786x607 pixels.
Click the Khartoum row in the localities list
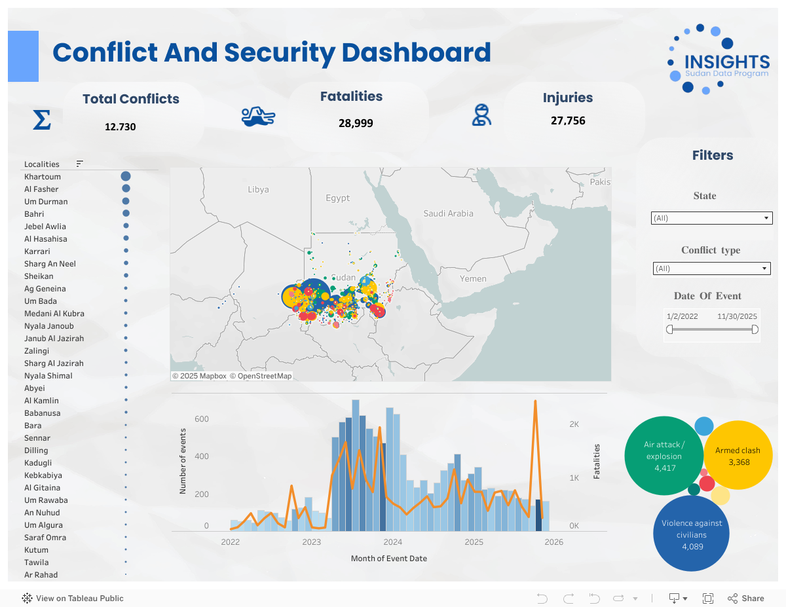(43, 177)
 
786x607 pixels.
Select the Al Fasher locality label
(41, 189)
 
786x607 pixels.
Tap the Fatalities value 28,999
(356, 122)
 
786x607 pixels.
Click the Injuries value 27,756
(568, 120)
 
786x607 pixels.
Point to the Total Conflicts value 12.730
(121, 126)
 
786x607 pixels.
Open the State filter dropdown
(711, 218)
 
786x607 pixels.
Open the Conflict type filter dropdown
(711, 268)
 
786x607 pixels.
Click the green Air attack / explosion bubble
(664, 456)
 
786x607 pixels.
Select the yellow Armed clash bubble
(738, 456)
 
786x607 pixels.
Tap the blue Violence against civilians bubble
(692, 534)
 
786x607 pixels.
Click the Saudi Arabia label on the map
(448, 213)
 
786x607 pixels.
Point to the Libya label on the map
(258, 190)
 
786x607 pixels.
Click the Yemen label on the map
(473, 279)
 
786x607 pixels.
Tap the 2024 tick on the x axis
(393, 542)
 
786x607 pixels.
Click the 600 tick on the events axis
(202, 419)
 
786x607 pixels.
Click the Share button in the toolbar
(746, 598)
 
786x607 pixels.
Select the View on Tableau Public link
(73, 598)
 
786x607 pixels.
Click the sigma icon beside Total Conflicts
(41, 120)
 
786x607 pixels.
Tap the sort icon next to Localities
(80, 164)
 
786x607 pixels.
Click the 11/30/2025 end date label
(737, 316)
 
